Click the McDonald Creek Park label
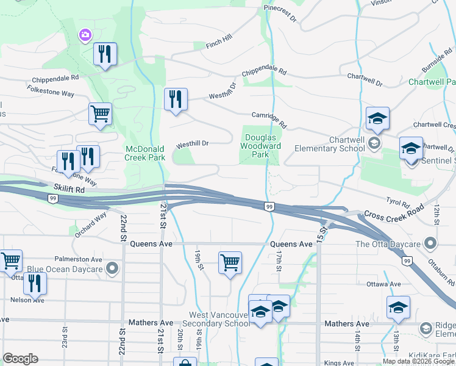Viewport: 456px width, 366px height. (145, 153)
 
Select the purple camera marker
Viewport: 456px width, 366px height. (85, 36)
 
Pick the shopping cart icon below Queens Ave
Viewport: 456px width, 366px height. (230, 264)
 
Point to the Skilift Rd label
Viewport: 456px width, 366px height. (68, 190)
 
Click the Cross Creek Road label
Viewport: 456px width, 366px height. (394, 214)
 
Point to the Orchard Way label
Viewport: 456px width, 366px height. (91, 224)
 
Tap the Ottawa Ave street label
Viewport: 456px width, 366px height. (383, 284)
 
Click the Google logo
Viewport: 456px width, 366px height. (20, 359)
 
